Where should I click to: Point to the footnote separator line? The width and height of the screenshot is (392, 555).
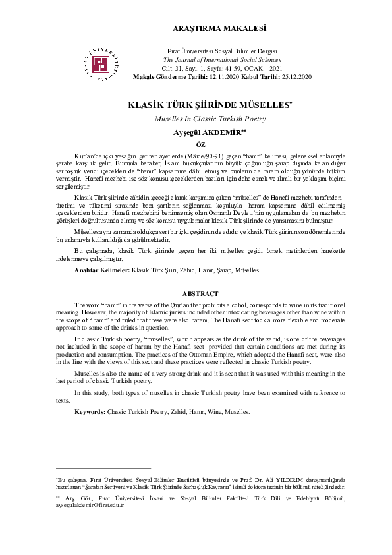(x=103, y=468)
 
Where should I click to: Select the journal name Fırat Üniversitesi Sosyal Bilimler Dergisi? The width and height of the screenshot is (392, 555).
(x=223, y=51)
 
